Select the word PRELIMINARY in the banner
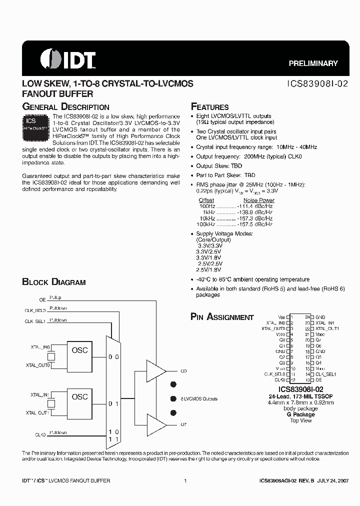pyautogui.click(x=313, y=63)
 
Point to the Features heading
pyautogui.click(x=210, y=107)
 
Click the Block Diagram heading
pyautogui.click(x=54, y=282)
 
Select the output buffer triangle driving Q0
pyautogui.click(x=155, y=371)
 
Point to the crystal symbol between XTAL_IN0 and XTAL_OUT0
pyautogui.click(x=51, y=356)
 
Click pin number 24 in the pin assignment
pyautogui.click(x=307, y=317)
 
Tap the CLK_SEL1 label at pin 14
pyautogui.click(x=326, y=373)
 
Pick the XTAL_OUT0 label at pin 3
pyautogui.click(x=273, y=328)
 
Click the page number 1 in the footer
pyautogui.click(x=185, y=480)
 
